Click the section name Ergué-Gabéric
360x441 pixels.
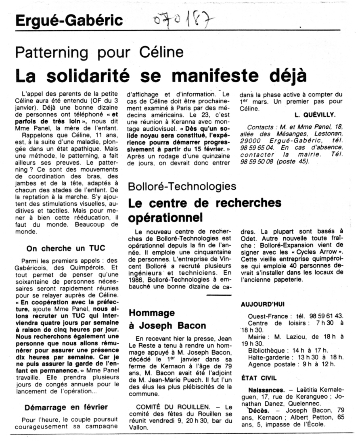point(69,21)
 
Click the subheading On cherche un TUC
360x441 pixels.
point(61,248)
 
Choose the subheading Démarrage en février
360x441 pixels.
point(66,407)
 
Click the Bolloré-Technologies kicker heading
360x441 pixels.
point(182,186)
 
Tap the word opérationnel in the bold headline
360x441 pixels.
point(165,218)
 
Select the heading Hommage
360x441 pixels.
point(151,312)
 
